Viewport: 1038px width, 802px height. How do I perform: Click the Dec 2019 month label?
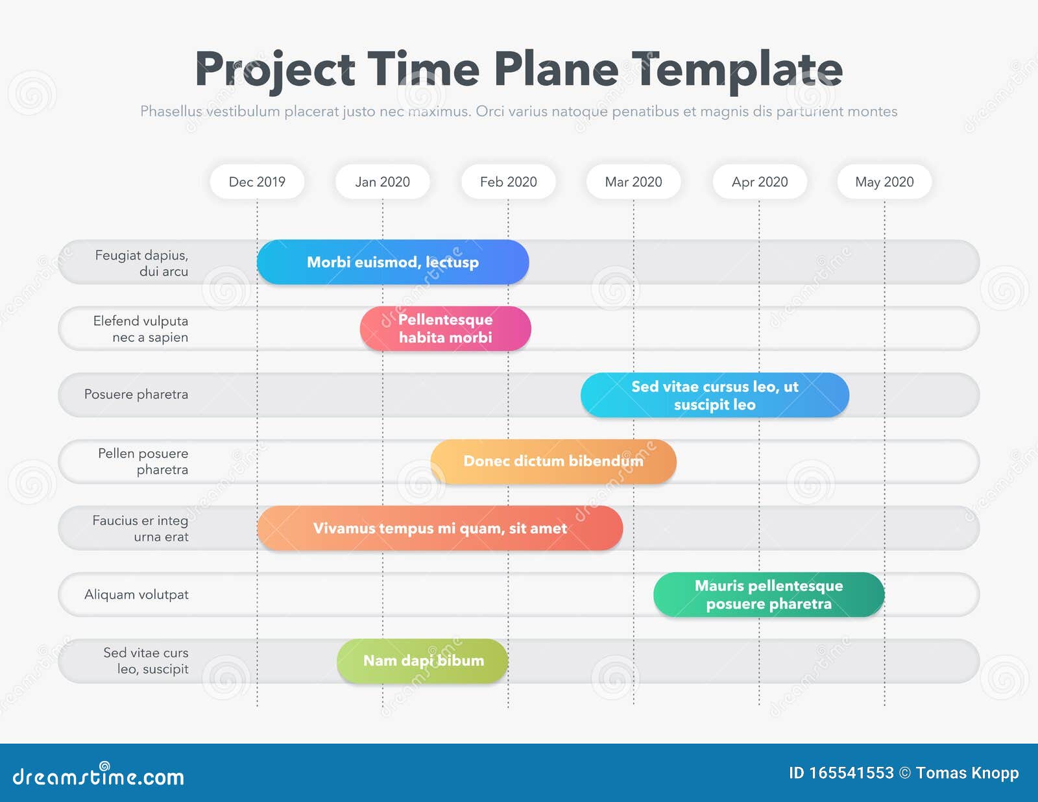click(257, 182)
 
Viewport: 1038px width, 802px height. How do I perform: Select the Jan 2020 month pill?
click(383, 182)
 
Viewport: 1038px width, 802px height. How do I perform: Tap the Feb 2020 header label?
click(508, 182)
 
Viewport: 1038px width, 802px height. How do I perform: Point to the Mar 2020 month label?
click(633, 182)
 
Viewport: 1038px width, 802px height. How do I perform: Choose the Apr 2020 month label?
click(760, 182)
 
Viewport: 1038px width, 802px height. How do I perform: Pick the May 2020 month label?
click(884, 182)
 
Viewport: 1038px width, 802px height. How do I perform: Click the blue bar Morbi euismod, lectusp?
click(392, 262)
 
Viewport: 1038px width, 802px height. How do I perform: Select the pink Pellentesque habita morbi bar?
click(445, 328)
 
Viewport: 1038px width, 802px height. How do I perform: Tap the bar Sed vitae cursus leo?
click(715, 395)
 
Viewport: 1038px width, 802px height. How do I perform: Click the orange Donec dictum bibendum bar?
click(553, 461)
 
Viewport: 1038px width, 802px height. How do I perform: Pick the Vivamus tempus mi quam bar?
click(440, 528)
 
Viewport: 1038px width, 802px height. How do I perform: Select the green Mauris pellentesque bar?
click(769, 595)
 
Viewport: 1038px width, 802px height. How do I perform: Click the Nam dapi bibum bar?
click(423, 661)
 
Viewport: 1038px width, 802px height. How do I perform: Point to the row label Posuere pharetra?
click(136, 395)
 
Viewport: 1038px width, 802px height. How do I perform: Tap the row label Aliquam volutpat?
click(137, 595)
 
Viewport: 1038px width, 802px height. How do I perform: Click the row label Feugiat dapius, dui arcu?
click(142, 263)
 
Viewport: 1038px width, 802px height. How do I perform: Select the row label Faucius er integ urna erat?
click(140, 528)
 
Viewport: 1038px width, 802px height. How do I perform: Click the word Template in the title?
click(737, 71)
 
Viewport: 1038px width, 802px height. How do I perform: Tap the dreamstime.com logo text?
click(99, 775)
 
